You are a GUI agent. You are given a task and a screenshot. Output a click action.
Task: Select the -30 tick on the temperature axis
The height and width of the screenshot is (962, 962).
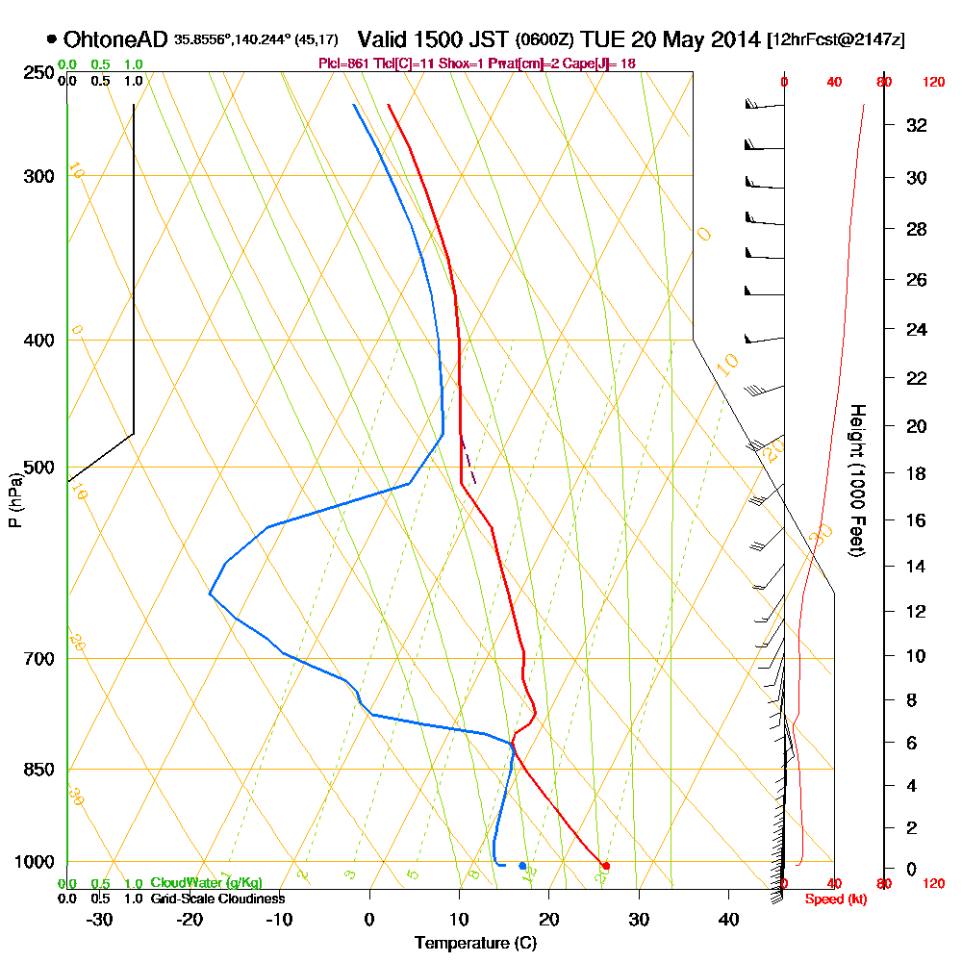coord(100,920)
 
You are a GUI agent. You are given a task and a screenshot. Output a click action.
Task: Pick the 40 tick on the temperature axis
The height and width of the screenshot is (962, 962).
coord(728,920)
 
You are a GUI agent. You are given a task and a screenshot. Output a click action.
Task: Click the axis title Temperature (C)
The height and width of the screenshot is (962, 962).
coord(475,944)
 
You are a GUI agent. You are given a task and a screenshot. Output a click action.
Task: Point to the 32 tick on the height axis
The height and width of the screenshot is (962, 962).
coord(916,125)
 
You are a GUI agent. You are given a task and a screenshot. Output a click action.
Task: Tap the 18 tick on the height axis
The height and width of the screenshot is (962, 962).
coord(916,473)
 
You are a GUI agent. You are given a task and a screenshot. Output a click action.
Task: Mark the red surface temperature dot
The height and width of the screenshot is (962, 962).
coord(606,866)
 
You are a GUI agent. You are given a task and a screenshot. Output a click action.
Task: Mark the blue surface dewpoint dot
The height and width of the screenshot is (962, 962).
coord(522,866)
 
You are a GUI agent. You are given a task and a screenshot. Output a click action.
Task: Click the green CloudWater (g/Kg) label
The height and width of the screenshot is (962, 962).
coord(206,883)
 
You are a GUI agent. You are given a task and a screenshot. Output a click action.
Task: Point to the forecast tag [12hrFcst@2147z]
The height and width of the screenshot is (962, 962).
coord(835,40)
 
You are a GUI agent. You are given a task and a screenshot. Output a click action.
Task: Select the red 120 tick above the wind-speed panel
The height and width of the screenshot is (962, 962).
coord(932,83)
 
